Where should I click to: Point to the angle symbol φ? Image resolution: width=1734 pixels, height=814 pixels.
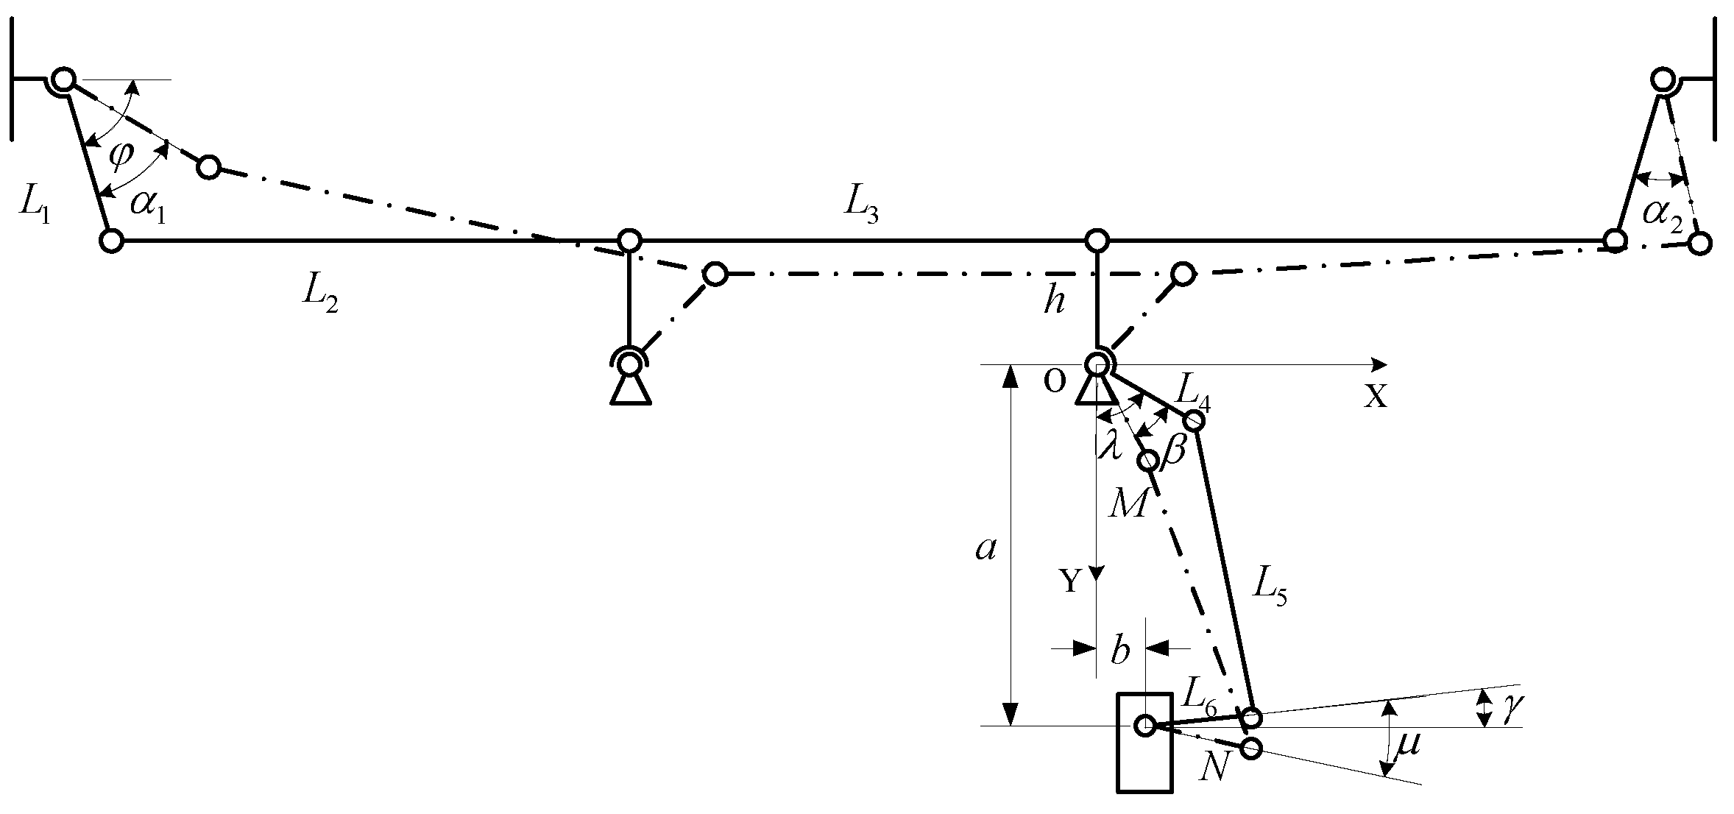click(121, 155)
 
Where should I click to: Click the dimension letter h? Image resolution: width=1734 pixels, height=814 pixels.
click(1055, 302)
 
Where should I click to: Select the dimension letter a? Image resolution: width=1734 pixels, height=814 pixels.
click(985, 548)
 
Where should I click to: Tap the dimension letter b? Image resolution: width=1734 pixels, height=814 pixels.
click(1119, 651)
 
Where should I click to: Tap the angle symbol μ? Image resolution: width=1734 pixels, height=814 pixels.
click(1408, 746)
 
